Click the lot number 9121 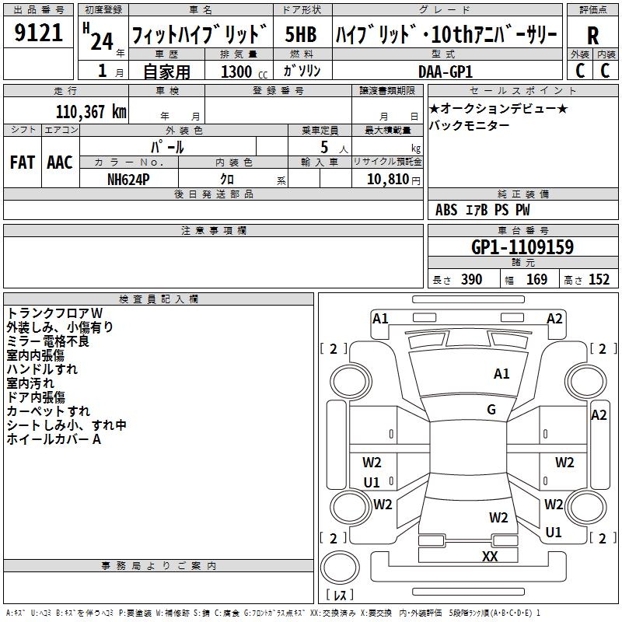(x=38, y=33)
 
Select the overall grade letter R (x=592, y=35)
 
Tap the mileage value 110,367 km (x=91, y=112)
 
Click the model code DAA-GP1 (x=446, y=72)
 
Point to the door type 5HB (x=301, y=34)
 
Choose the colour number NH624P (x=128, y=180)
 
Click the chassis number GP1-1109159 (x=522, y=247)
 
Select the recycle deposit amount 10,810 (x=388, y=180)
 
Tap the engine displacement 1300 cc (x=244, y=72)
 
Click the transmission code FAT (x=23, y=162)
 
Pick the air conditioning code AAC (x=60, y=162)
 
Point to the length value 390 (x=472, y=280)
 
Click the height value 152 (x=599, y=280)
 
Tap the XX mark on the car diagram (x=490, y=556)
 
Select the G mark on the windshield (x=491, y=410)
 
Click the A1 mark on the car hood (x=501, y=374)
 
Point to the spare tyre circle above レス (x=340, y=568)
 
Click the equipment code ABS (x=446, y=210)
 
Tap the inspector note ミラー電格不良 (x=48, y=341)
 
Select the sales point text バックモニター (x=469, y=125)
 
